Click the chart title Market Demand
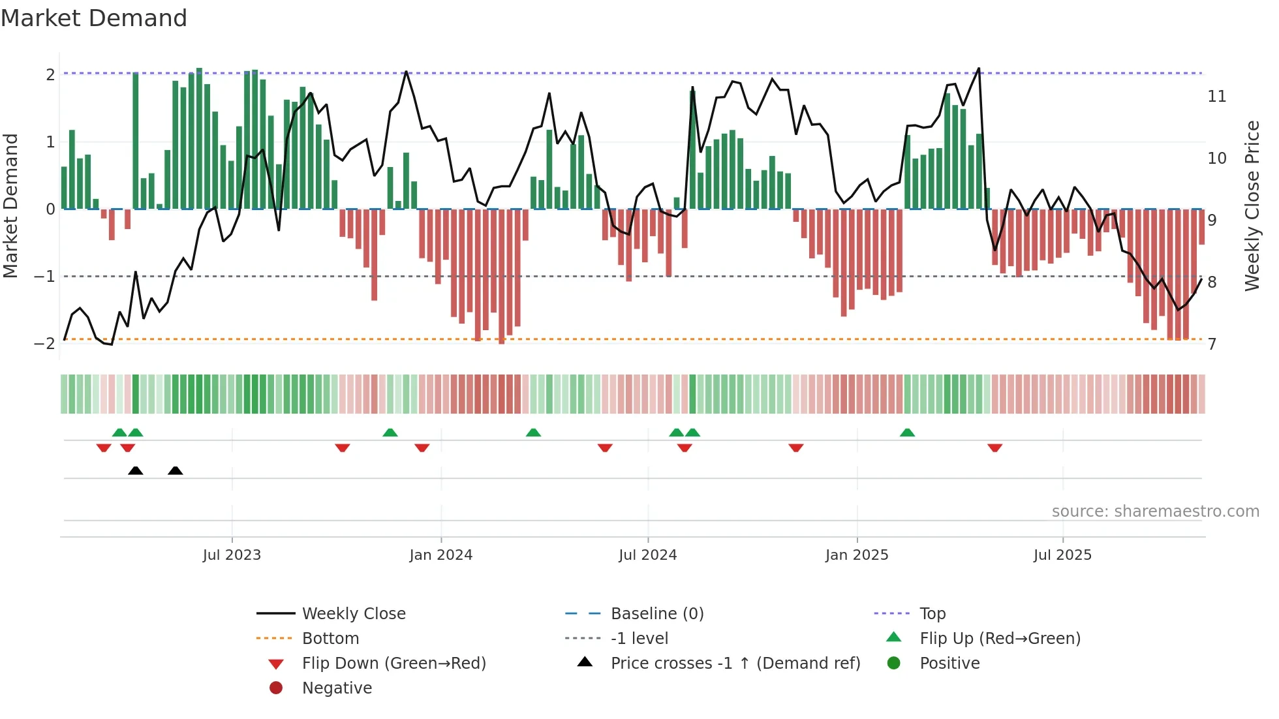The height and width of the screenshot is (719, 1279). pos(94,18)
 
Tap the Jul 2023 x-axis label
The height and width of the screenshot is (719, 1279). pos(232,555)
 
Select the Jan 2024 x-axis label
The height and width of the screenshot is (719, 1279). pos(440,555)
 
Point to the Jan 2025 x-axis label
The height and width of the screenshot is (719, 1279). pos(856,555)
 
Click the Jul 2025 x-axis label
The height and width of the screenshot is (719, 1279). pos(1062,555)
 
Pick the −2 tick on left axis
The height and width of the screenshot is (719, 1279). pos(44,344)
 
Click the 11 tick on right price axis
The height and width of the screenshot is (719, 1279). pos(1217,97)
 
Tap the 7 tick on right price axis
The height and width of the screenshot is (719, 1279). pos(1212,344)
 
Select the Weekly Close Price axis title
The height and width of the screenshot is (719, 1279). pos(1252,206)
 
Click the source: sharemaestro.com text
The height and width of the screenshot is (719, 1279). pos(1155,511)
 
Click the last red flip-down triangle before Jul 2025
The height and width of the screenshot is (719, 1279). pos(994,448)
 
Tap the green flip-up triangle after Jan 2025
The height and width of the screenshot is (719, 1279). pos(907,433)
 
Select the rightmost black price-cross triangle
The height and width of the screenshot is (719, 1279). pos(175,470)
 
